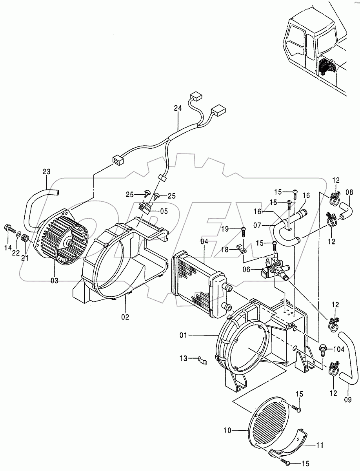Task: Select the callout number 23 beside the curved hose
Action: [x=47, y=172]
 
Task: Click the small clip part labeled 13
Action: [x=203, y=360]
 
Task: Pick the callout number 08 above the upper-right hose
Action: [x=350, y=192]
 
